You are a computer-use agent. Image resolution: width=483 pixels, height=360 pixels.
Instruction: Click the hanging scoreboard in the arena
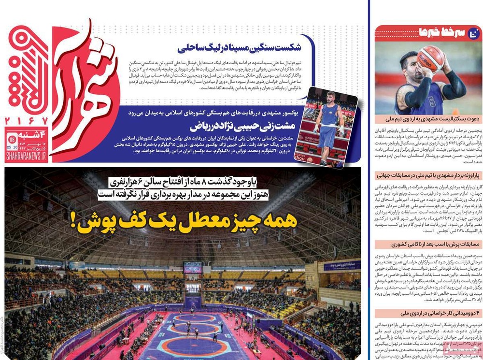point(192,267)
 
